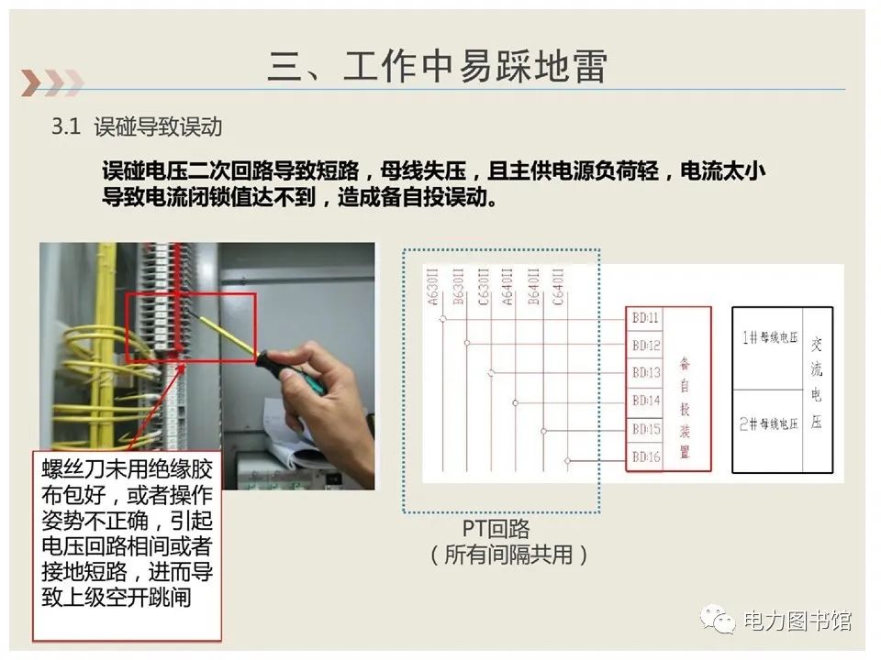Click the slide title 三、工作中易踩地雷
(438, 67)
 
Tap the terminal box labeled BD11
(646, 318)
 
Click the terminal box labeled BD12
(646, 346)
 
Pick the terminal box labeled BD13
(646, 373)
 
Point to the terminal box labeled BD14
(646, 401)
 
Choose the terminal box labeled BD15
(646, 429)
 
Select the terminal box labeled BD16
(646, 456)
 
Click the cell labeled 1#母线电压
(769, 338)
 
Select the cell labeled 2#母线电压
(769, 423)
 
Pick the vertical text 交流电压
(817, 382)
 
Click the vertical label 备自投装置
(686, 408)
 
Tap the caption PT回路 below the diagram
(496, 529)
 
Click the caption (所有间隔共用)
(507, 555)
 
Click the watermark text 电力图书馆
(797, 621)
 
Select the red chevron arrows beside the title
(50, 82)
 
